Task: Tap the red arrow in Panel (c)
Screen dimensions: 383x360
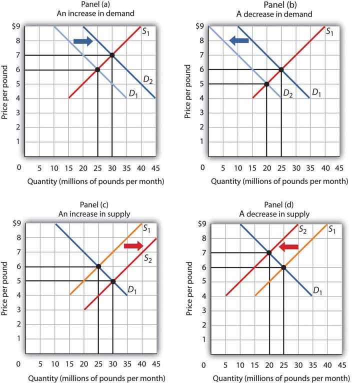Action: click(132, 245)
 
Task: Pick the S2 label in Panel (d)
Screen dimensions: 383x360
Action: click(302, 229)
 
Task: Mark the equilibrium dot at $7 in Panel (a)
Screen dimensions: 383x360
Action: click(111, 55)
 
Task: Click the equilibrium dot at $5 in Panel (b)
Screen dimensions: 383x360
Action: click(266, 84)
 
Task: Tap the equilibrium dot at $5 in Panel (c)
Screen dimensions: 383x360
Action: click(112, 281)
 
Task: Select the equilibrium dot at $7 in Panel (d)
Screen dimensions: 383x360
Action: click(269, 252)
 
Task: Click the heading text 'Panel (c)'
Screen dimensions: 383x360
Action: click(90, 203)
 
